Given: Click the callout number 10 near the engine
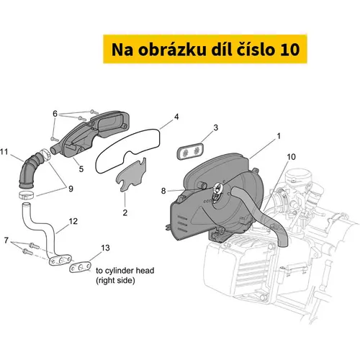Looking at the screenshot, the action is (291, 157).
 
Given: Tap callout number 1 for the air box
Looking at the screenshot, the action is (279, 136).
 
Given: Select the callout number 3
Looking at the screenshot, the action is (216, 127).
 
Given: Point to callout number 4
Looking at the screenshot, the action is (176, 117).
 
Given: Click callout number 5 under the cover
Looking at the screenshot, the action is (81, 169).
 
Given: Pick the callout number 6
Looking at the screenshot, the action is (55, 114).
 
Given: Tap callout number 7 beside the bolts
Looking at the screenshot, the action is (6, 240).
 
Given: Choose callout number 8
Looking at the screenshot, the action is (163, 191).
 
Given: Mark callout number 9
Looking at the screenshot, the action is (71, 189).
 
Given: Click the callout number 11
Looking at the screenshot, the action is (4, 152).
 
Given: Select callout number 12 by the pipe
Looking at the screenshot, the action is (73, 221).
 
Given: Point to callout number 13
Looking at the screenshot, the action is (105, 248).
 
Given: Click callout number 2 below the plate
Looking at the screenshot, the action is (125, 212).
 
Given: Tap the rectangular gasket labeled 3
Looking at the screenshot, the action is (190, 151).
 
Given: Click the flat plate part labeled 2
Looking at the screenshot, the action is (131, 175).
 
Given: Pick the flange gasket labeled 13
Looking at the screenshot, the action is (80, 267).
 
